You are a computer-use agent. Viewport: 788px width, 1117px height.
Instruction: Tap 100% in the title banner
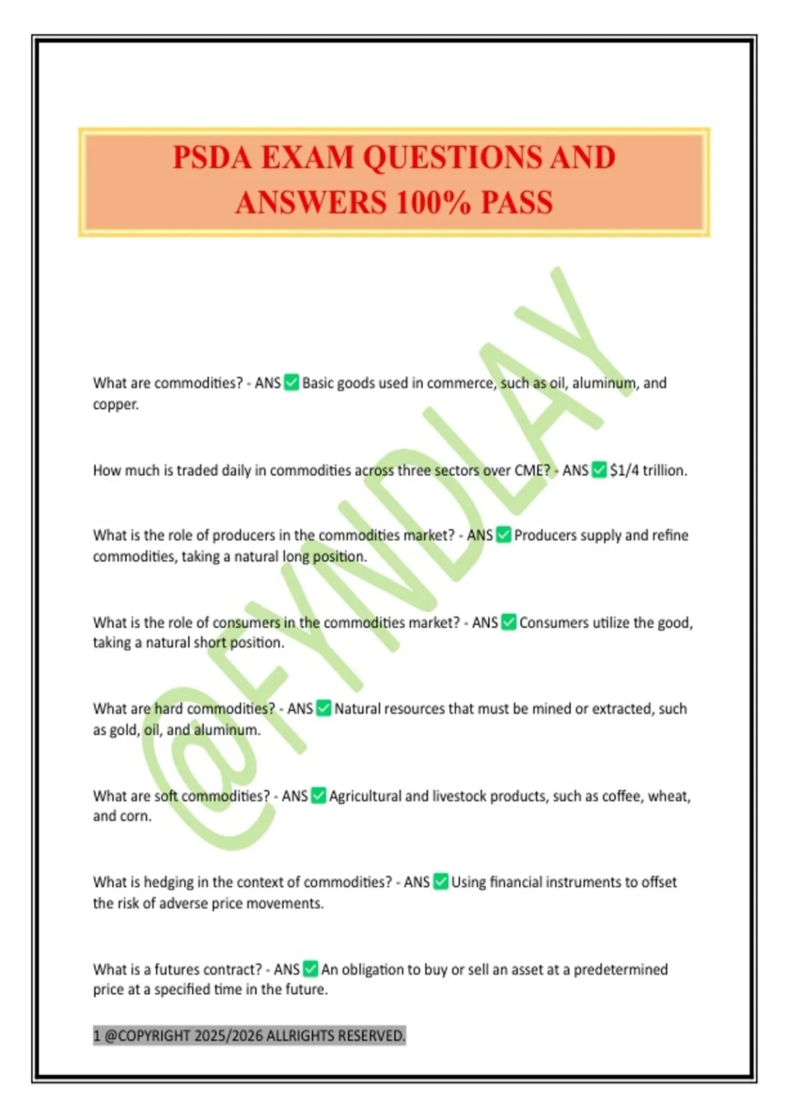point(433,202)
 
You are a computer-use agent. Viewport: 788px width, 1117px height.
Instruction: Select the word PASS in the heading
point(517,202)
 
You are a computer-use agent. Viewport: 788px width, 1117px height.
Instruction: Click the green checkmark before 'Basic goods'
point(292,382)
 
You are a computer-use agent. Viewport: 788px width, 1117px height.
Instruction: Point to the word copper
point(116,404)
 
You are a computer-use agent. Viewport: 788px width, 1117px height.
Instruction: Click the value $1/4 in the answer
point(624,470)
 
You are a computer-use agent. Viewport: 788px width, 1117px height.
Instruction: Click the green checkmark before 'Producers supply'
point(504,535)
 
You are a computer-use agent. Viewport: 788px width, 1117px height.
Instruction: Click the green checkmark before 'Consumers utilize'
point(509,622)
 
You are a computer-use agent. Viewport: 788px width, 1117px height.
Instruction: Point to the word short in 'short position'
point(209,643)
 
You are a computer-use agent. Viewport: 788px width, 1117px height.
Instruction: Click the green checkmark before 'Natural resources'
point(324,708)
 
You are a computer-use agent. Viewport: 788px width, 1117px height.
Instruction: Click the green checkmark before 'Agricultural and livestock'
point(318,796)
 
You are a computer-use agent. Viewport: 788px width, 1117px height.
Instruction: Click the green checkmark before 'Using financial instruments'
point(441,882)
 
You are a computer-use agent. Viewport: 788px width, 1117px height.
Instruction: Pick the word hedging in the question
point(168,882)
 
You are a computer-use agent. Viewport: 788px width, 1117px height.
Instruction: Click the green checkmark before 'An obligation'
point(311,969)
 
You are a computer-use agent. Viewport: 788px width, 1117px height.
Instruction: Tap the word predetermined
point(621,969)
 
